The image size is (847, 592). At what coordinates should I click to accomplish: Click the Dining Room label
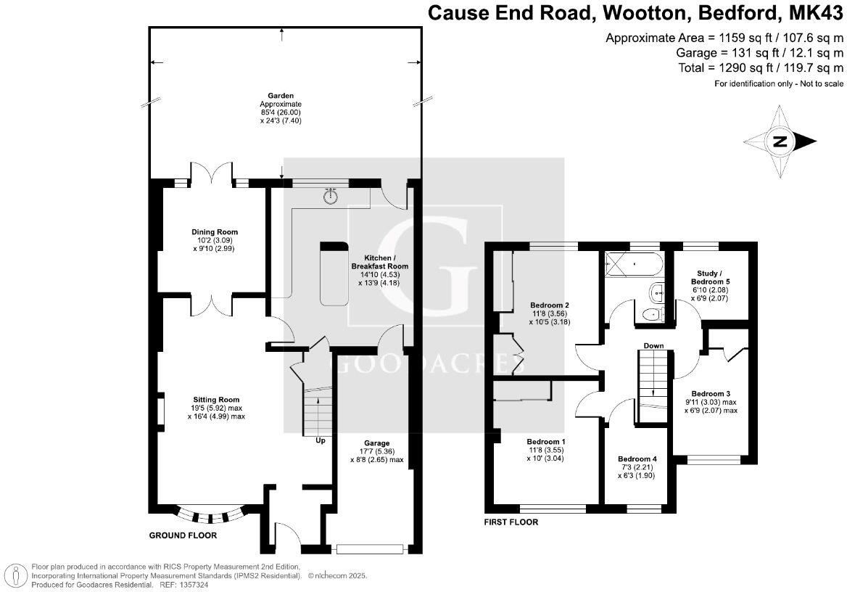214,232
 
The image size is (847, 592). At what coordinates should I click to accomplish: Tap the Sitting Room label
215,400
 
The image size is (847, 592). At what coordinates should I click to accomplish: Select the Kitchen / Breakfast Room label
380,262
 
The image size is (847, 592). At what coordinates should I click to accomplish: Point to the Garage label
376,443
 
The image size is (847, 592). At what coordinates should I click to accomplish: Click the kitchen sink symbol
329,195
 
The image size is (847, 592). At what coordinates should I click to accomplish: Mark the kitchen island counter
334,274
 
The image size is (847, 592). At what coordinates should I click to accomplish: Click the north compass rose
780,141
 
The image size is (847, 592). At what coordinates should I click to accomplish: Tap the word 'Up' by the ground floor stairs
321,440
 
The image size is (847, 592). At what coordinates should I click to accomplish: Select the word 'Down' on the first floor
653,345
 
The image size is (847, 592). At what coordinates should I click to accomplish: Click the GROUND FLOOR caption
183,535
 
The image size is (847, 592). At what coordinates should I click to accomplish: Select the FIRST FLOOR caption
511,522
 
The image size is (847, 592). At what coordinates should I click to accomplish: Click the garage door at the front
370,549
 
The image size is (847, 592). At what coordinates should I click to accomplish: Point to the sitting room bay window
210,514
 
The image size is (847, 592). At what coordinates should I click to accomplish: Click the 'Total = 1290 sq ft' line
761,68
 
